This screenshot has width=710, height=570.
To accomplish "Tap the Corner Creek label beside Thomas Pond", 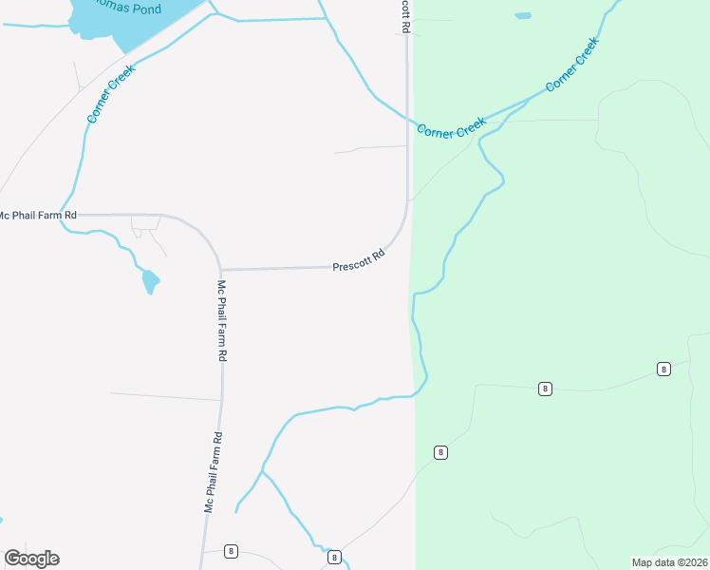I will (x=112, y=93).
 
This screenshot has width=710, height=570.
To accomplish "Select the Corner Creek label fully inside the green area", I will (x=572, y=65).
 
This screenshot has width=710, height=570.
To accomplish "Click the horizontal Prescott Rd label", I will (x=359, y=261).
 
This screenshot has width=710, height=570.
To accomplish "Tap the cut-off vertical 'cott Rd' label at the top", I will (x=405, y=16).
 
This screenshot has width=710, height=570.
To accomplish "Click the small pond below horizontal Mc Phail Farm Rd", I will (x=150, y=281).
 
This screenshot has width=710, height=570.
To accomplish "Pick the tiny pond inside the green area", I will (x=523, y=16).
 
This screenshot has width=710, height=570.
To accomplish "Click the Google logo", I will (x=31, y=559).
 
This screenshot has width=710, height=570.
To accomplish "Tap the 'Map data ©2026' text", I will (x=669, y=562).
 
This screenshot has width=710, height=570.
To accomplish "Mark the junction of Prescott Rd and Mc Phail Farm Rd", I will (x=222, y=269).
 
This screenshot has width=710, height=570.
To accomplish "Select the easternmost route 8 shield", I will (x=663, y=369).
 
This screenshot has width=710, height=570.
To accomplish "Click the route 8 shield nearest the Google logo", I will (x=231, y=551).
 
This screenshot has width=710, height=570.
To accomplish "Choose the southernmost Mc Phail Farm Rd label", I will (x=214, y=473).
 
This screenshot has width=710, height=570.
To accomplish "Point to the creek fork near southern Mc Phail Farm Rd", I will (x=263, y=470).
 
